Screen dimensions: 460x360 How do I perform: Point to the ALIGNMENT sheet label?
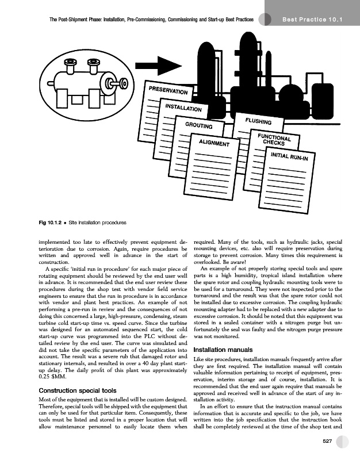click(214, 143)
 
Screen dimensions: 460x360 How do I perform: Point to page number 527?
click(329, 441)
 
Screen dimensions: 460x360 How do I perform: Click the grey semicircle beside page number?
click(345, 441)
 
